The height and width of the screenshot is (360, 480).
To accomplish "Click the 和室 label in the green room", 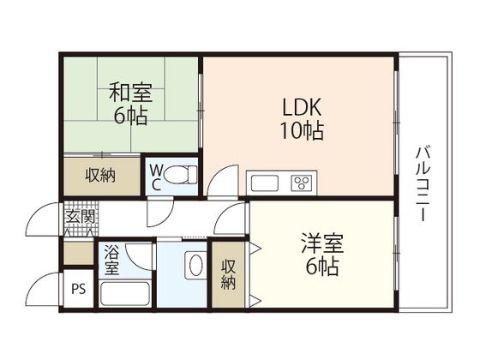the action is click(x=131, y=93).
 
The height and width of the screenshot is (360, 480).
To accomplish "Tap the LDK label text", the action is click(x=302, y=107).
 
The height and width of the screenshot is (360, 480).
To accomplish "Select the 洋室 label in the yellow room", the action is click(x=322, y=243).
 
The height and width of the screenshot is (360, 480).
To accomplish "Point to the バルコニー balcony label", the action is click(x=423, y=184).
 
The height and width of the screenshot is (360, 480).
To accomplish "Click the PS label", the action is click(x=79, y=289).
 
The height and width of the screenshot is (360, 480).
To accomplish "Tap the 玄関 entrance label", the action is click(x=81, y=217).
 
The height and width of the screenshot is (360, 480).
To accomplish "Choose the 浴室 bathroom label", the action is click(x=111, y=260).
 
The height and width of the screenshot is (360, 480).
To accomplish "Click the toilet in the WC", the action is click(x=180, y=175).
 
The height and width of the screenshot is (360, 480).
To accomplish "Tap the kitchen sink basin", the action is click(x=265, y=183).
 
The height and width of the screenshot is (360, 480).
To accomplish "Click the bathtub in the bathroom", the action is click(x=124, y=293).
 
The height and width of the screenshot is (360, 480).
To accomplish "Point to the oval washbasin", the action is click(x=196, y=265).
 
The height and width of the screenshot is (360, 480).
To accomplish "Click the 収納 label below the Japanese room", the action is click(x=100, y=176).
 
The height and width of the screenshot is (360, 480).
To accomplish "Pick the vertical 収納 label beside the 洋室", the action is click(x=228, y=274).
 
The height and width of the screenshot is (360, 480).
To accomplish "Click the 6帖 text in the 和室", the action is click(x=131, y=116).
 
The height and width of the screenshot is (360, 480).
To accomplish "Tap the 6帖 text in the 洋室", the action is click(x=322, y=267).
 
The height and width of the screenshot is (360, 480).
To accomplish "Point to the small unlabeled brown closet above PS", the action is click(x=79, y=253).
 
